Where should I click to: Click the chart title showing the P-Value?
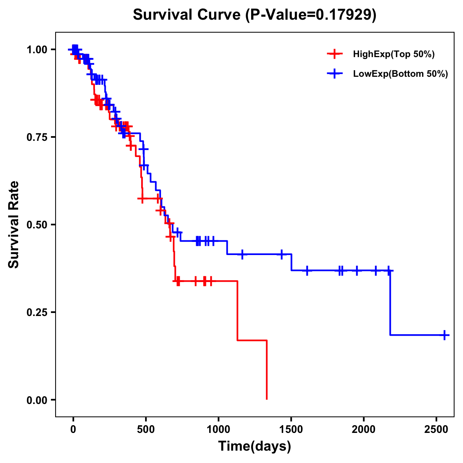[254, 15]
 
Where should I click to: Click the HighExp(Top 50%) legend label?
[394, 54]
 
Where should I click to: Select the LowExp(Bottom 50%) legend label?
[400, 74]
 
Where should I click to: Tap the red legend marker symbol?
[335, 54]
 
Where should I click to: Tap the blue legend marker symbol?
[335, 74]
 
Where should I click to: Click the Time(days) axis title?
[255, 446]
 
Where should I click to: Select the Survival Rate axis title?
[14, 225]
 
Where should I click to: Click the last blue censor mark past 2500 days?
[444, 335]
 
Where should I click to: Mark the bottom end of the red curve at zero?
[267, 399]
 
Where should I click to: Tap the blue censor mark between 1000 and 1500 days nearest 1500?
[281, 254]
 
